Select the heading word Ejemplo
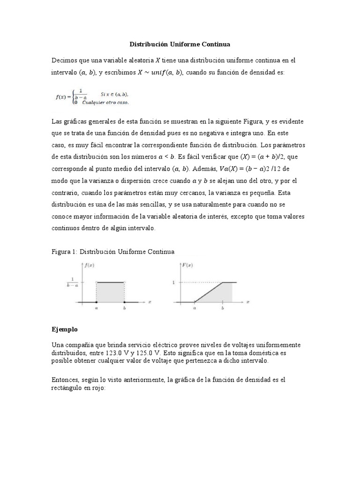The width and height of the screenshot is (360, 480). point(64,330)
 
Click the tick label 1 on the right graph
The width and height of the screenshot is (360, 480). point(173,283)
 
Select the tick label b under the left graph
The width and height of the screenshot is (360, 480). point(124,308)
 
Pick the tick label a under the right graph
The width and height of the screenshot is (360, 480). point(194,308)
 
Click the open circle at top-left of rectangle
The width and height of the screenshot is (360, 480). point(97,282)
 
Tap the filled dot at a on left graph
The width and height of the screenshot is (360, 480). point(97,302)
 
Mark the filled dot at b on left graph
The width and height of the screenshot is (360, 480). point(124,302)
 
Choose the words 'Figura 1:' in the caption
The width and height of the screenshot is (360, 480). point(64,252)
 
